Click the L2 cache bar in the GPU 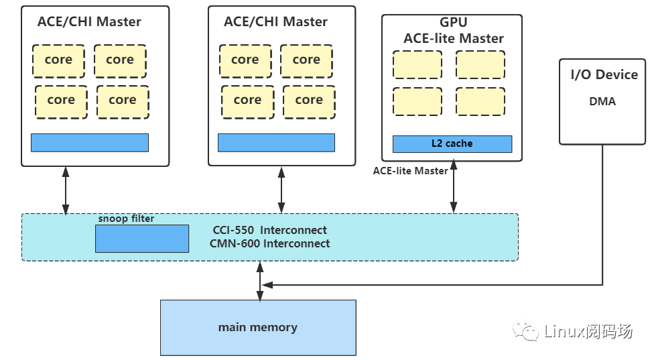(452, 143)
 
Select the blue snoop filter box (141, 239)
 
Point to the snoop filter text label (126, 219)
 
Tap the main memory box (257, 327)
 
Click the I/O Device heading (604, 74)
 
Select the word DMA (602, 102)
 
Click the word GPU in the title (453, 23)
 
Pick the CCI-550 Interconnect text (269, 230)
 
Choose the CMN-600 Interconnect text (269, 243)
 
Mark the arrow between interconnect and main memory (260, 280)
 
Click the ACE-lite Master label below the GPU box (410, 171)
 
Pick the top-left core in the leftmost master (58, 60)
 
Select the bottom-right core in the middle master (308, 101)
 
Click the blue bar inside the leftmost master (89, 142)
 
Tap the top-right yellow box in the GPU (480, 64)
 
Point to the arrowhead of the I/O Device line (267, 285)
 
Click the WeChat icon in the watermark (525, 331)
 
